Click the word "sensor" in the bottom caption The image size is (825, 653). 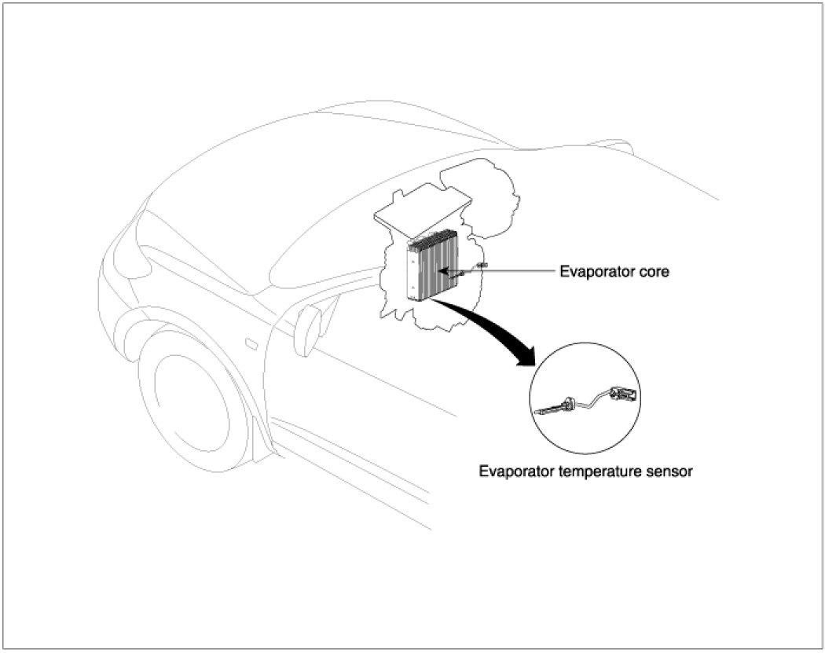click(670, 473)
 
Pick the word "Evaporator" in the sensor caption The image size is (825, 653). click(518, 473)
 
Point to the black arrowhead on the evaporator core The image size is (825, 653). click(443, 271)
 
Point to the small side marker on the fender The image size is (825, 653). click(251, 343)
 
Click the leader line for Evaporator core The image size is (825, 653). click(511, 272)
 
